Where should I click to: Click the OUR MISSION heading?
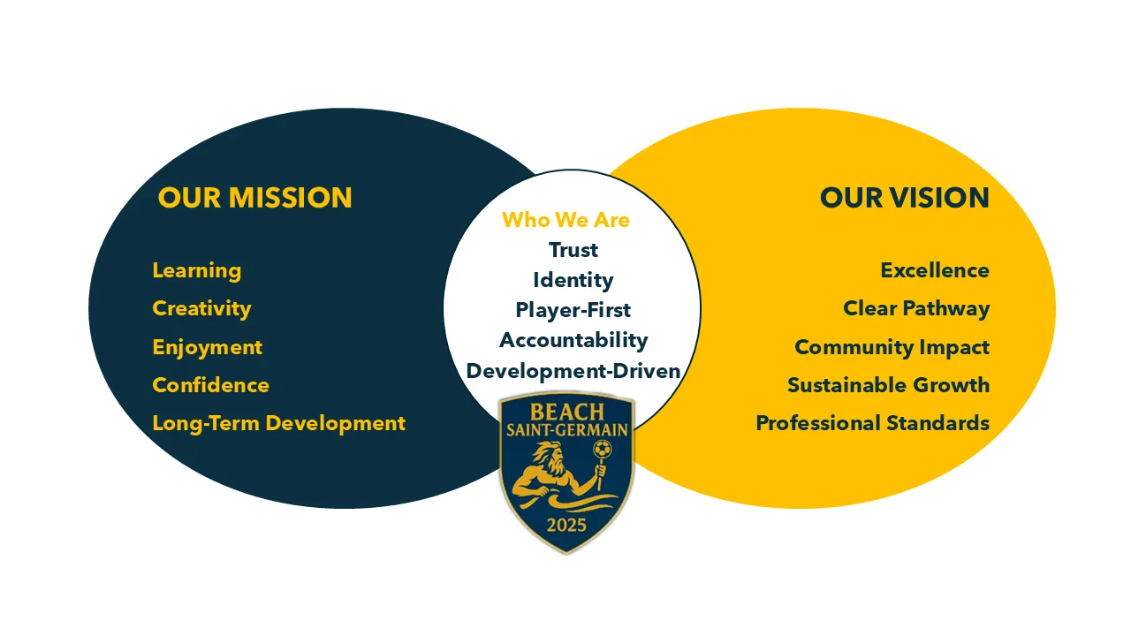point(255,197)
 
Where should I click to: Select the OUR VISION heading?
point(904,197)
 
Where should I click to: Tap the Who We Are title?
point(566,220)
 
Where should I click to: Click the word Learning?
point(196,271)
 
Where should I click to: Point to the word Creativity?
point(201,309)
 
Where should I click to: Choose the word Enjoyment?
point(207,347)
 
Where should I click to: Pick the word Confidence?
point(210,385)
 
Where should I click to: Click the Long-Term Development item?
point(278,423)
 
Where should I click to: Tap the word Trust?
point(573,250)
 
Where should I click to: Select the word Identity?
point(573,280)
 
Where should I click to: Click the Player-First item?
point(573,310)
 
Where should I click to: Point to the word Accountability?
point(573,340)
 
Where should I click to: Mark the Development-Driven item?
point(573,371)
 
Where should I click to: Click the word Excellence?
point(935,270)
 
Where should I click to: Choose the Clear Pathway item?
point(916,309)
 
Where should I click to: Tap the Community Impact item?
point(892,347)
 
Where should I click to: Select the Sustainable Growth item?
point(889,385)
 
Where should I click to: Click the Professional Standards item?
point(872,423)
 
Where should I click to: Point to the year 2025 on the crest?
point(566,526)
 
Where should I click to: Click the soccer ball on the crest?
point(602,448)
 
